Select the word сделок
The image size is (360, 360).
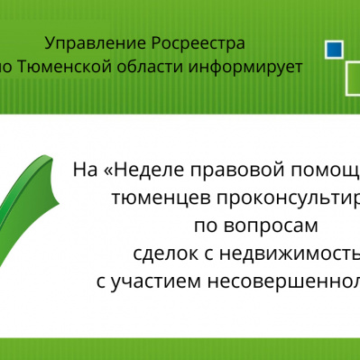160,251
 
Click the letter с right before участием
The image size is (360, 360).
101,279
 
